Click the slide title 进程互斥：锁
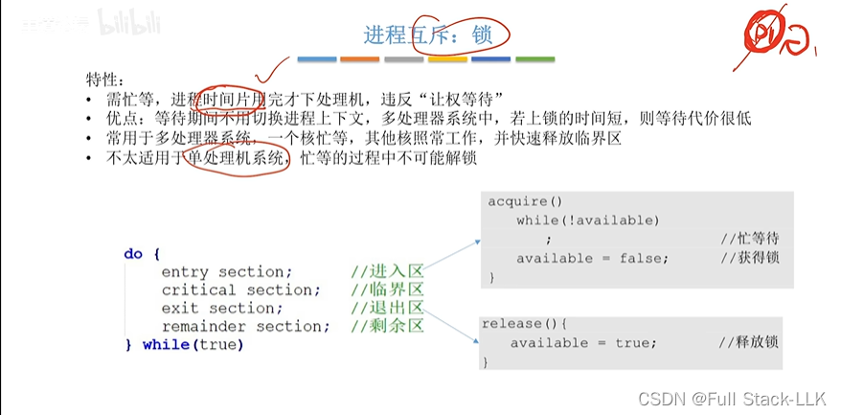(x=428, y=35)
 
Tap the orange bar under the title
(x=360, y=59)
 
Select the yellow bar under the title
(x=447, y=59)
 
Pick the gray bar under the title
(x=403, y=59)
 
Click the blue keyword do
(x=133, y=254)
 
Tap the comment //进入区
(x=387, y=272)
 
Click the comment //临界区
(x=387, y=290)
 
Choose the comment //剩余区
(x=387, y=327)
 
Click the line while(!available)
(x=588, y=220)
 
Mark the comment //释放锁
(x=751, y=343)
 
